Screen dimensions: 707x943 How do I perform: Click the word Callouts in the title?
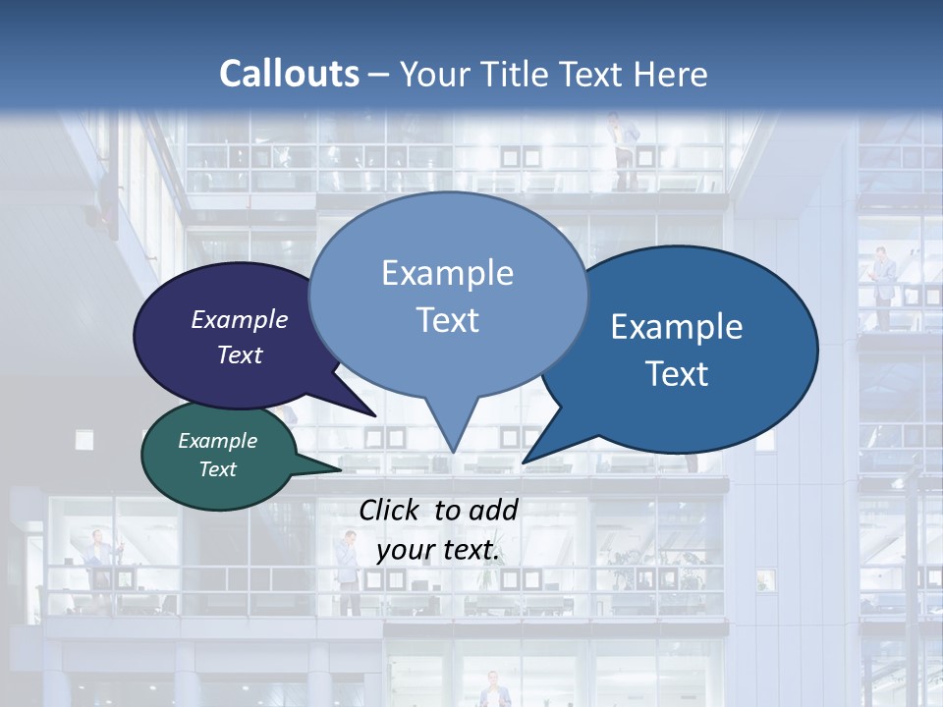click(x=289, y=74)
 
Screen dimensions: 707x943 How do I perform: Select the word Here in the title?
click(x=670, y=74)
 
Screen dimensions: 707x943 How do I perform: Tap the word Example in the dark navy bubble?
click(x=240, y=319)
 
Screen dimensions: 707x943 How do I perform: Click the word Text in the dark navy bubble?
click(x=240, y=354)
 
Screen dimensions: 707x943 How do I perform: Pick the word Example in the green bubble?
click(x=217, y=441)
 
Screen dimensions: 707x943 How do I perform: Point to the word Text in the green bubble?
click(x=217, y=469)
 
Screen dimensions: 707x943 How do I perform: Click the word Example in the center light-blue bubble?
click(x=447, y=273)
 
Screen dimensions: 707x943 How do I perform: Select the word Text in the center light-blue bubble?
click(x=447, y=320)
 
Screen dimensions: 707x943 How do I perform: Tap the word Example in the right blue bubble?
click(x=677, y=327)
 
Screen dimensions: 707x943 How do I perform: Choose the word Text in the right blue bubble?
click(x=677, y=374)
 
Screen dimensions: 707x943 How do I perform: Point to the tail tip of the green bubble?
click(x=341, y=470)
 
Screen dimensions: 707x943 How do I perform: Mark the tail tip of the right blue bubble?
click(x=525, y=462)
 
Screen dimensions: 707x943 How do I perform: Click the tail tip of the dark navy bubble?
click(x=374, y=415)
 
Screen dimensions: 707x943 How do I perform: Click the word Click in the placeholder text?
click(x=390, y=510)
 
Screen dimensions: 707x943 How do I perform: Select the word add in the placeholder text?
click(x=493, y=510)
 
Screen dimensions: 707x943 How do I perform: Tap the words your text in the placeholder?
click(x=438, y=550)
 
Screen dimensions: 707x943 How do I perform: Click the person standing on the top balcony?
click(x=619, y=147)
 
